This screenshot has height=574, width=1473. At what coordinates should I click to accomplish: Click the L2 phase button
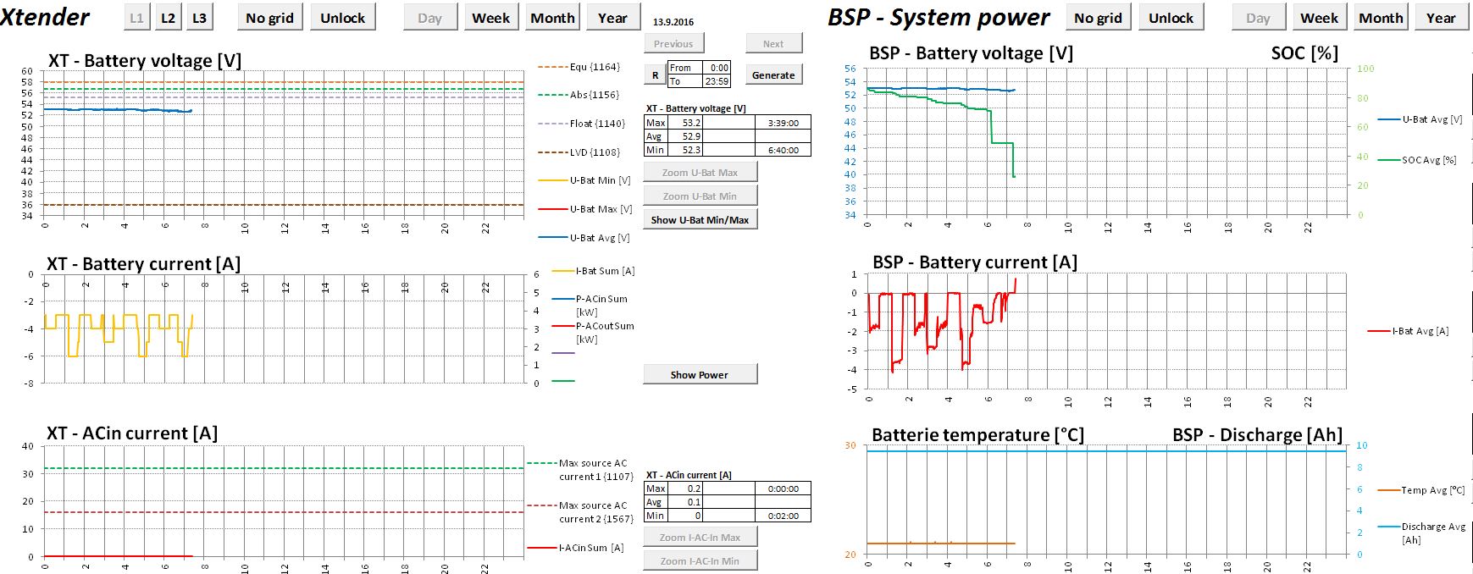click(x=168, y=18)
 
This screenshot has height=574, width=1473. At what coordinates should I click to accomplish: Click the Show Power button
click(x=700, y=374)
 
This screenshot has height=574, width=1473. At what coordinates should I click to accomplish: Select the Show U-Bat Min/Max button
click(x=700, y=219)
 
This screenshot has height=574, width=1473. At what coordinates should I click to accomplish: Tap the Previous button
click(x=673, y=43)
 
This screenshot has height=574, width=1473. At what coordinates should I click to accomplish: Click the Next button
click(x=773, y=43)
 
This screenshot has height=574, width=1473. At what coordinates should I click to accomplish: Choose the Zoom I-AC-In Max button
click(x=700, y=537)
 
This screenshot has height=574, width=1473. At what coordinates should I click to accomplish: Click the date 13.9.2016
click(x=673, y=22)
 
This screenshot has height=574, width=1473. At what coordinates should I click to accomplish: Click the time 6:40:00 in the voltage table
click(x=783, y=150)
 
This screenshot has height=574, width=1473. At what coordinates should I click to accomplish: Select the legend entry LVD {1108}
click(x=595, y=152)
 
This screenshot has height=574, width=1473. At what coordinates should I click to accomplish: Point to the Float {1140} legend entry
click(x=597, y=124)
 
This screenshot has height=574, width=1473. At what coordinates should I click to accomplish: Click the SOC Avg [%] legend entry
click(x=1428, y=160)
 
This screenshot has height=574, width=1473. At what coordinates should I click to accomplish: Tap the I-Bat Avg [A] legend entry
click(x=1420, y=331)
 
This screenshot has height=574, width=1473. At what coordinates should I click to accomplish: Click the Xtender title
click(x=46, y=17)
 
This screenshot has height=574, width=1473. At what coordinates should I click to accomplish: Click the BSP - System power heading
click(x=939, y=18)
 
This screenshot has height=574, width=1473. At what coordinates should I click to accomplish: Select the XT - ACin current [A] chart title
click(x=132, y=433)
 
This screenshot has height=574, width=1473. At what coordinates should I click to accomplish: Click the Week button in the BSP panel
click(x=1319, y=18)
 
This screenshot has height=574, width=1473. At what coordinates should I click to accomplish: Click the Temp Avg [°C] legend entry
click(x=1432, y=490)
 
